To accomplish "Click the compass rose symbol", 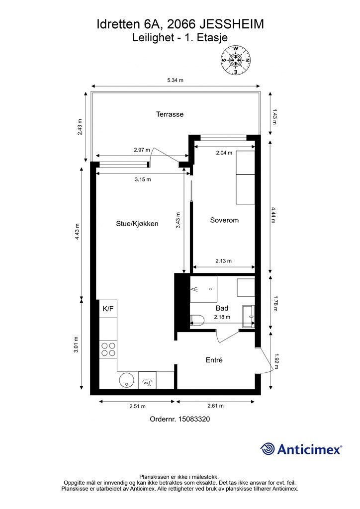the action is [236, 60].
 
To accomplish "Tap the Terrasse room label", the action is [170, 114].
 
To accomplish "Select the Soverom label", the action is [224, 220].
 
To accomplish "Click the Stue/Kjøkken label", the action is [137, 224].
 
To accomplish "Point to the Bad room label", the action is [222, 308].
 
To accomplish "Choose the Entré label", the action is [214, 360].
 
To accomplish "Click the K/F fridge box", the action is [108, 308].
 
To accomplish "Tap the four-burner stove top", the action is [108, 349].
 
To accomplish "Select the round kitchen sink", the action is [126, 380].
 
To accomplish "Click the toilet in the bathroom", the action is [196, 320].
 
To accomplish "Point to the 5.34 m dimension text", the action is [176, 80].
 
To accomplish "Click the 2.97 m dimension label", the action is [142, 150].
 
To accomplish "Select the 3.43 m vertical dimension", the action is [178, 220].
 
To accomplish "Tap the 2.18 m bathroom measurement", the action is [222, 317].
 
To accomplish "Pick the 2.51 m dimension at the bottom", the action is [137, 406].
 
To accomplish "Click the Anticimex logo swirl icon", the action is [268, 449].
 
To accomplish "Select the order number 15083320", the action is [194, 419].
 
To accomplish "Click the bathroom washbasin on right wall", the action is [248, 316].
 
